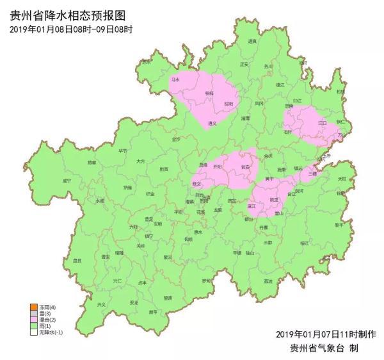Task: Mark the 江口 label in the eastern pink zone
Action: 323,122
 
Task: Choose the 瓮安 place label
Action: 244,167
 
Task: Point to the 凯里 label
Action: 275,200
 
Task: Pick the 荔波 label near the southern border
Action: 268,281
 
